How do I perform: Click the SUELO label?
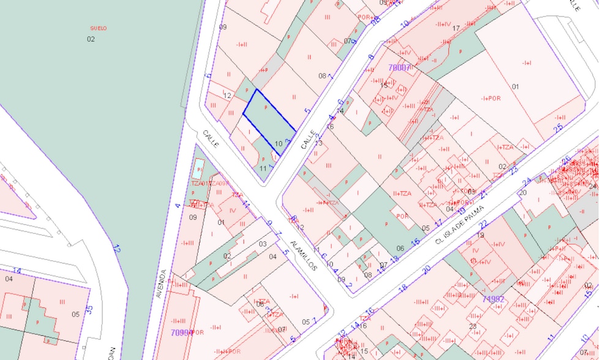click(99, 28)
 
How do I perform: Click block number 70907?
click(399, 67)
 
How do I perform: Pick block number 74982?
click(493, 299)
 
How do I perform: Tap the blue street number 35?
click(89, 309)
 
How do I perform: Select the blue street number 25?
click(558, 128)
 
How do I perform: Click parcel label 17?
click(456, 28)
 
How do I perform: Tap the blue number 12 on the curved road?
click(116, 249)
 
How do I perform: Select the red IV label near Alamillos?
click(232, 211)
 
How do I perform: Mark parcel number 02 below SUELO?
click(91, 39)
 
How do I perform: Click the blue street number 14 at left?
click(17, 271)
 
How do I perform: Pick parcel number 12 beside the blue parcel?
click(227, 96)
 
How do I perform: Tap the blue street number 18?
click(402, 288)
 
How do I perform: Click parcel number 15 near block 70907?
click(384, 84)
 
